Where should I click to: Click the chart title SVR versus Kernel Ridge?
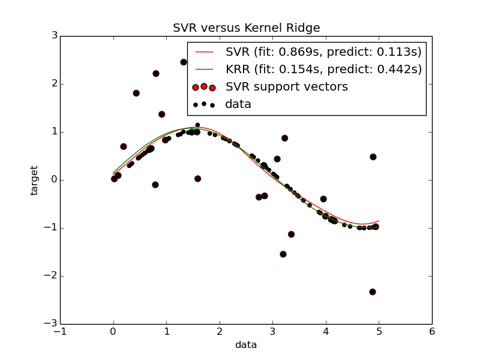tap(246, 28)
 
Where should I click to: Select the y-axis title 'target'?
tap(34, 180)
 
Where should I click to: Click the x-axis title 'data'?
tap(246, 345)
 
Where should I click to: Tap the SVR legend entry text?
tap(323, 52)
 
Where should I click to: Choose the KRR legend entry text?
tap(323, 69)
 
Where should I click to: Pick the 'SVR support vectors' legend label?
tap(286, 86)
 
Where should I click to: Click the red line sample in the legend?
tap(204, 52)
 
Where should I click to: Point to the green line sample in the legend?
tap(204, 70)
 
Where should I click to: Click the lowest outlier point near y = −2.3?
tap(373, 292)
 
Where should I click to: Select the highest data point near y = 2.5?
tap(184, 62)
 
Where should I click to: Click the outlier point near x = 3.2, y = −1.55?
tap(283, 254)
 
